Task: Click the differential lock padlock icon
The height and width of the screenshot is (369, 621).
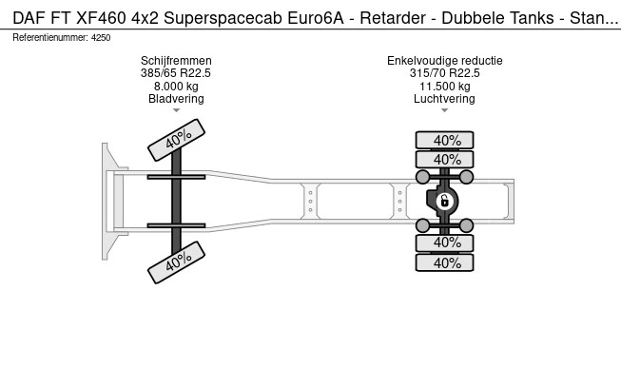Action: pyautogui.click(x=444, y=201)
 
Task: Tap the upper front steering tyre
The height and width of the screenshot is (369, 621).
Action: pyautogui.click(x=176, y=140)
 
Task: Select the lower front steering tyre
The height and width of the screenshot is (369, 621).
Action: pyautogui.click(x=176, y=262)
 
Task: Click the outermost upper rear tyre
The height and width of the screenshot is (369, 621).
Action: pyautogui.click(x=444, y=140)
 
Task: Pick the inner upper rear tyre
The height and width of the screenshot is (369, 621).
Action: pyautogui.click(x=444, y=160)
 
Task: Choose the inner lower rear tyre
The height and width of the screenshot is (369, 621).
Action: pyautogui.click(x=444, y=243)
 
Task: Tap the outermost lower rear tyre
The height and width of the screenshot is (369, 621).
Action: pyautogui.click(x=444, y=262)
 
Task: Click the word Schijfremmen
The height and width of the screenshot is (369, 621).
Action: pyautogui.click(x=176, y=61)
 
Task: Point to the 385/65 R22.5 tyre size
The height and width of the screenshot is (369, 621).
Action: pyautogui.click(x=176, y=73)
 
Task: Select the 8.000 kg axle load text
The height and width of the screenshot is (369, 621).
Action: pyautogui.click(x=176, y=87)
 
